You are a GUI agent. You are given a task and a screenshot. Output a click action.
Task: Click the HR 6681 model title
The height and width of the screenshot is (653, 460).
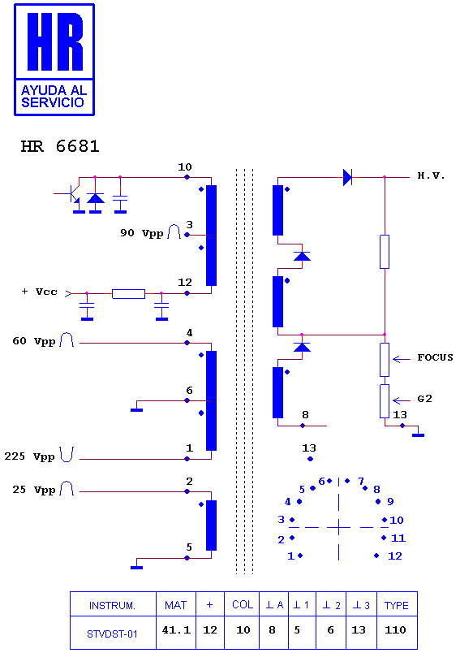[x=60, y=146]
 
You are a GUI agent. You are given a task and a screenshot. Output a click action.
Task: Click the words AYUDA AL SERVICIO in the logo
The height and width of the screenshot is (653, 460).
[x=54, y=96]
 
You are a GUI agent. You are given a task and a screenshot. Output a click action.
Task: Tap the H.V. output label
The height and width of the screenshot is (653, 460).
[x=431, y=175]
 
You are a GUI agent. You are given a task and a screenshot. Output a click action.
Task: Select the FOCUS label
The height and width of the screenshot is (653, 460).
[x=435, y=357]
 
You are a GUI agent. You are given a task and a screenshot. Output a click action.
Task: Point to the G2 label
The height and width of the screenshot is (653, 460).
[x=424, y=399]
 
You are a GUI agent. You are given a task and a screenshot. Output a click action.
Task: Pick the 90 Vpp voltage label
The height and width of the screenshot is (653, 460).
[x=141, y=233]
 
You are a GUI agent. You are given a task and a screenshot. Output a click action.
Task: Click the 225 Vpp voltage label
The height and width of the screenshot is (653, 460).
[x=29, y=456]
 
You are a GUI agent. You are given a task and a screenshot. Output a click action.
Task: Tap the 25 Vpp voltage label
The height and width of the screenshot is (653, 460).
[x=33, y=489]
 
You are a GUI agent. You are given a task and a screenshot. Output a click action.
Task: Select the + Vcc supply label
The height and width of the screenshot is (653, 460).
[x=39, y=292]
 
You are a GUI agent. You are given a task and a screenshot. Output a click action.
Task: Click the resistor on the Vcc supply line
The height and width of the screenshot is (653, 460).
[x=128, y=293]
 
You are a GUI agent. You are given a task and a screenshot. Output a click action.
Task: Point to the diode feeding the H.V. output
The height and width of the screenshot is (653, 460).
[x=347, y=177]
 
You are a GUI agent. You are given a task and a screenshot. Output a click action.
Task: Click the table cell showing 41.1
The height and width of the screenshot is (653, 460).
[x=176, y=630]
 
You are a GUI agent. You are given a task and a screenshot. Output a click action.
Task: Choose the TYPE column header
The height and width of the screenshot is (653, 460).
[x=397, y=605]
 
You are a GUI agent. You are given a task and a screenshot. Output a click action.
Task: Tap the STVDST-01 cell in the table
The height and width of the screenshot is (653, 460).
[x=112, y=634]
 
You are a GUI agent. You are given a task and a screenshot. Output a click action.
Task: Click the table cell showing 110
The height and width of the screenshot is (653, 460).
[x=395, y=630]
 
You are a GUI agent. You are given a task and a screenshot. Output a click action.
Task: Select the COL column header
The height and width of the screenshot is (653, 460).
[x=243, y=604]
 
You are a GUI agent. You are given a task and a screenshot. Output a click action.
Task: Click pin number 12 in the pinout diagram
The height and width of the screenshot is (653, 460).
[x=395, y=556]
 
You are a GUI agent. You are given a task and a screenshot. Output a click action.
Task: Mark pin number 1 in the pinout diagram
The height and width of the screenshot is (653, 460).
[x=290, y=556]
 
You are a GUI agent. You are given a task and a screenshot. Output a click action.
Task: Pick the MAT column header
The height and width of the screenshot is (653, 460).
[x=175, y=605]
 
